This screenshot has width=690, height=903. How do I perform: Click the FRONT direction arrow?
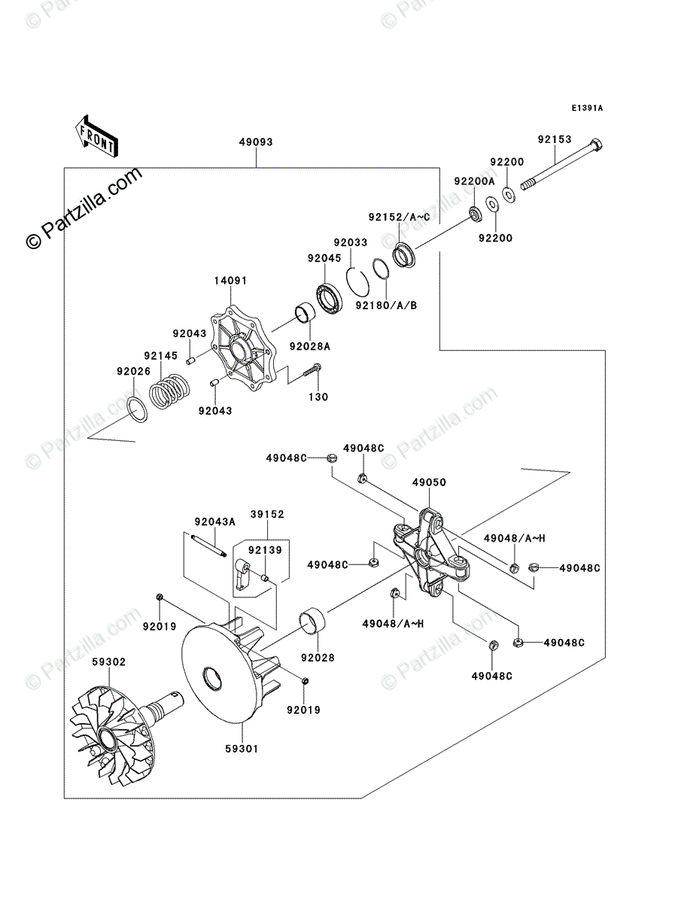tap(96, 136)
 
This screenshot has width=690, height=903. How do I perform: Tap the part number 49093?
tap(256, 142)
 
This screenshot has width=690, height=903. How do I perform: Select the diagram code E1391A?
tap(587, 108)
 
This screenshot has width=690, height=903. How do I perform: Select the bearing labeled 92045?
tap(329, 297)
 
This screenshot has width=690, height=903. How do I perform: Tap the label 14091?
tap(230, 281)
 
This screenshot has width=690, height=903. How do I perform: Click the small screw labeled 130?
tap(312, 371)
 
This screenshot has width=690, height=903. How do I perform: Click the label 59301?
tap(242, 749)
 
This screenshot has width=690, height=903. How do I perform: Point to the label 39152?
tap(267, 514)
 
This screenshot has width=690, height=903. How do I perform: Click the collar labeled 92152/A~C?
tap(405, 256)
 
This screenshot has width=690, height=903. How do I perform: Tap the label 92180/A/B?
tap(386, 306)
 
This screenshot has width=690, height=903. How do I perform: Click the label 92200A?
tap(475, 181)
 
